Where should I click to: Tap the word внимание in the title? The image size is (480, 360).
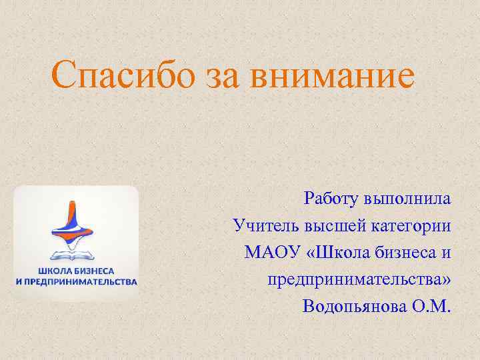coord(332,76)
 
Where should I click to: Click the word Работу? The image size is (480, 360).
coord(331,199)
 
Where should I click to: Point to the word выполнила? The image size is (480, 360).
coord(408,199)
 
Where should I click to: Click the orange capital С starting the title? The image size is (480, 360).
coord(65,76)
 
